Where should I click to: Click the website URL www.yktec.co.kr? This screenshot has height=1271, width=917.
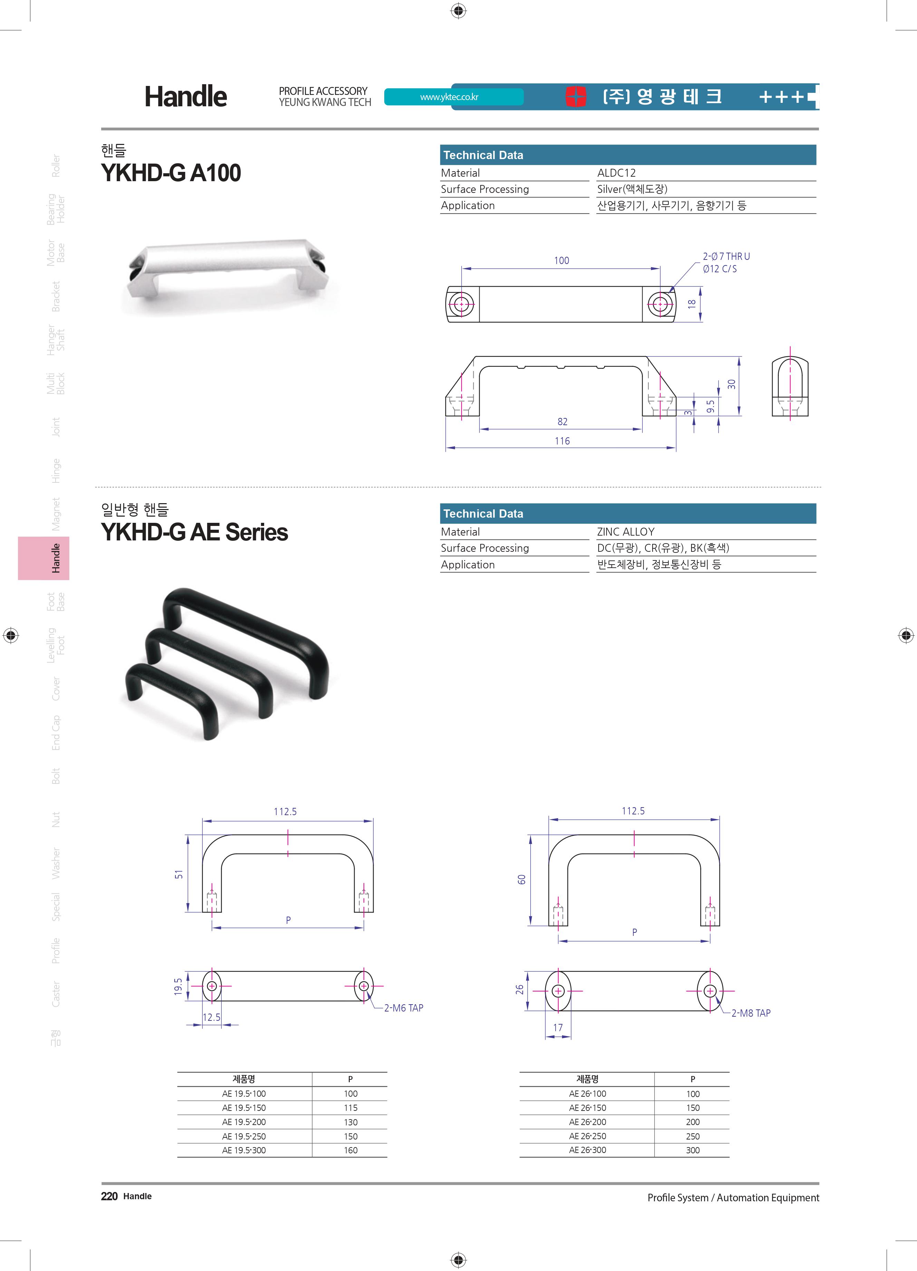click(x=449, y=97)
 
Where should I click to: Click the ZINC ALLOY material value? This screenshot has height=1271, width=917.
click(x=626, y=532)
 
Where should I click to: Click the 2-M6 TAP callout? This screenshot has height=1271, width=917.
click(x=404, y=1008)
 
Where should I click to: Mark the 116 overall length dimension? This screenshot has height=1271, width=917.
click(x=562, y=441)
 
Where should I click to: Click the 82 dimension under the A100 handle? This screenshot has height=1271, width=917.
click(x=562, y=421)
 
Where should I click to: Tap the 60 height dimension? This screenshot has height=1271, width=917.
click(x=522, y=879)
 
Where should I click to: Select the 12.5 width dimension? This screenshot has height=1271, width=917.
click(x=211, y=1017)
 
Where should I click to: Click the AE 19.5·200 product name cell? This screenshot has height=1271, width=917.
click(x=244, y=1122)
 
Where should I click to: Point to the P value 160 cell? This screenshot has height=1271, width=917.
click(x=351, y=1150)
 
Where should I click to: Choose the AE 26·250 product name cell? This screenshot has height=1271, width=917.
click(x=587, y=1136)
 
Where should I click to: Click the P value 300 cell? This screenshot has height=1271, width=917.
click(x=693, y=1150)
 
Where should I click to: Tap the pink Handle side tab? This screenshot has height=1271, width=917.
click(x=44, y=558)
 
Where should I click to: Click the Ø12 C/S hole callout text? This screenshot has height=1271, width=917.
click(x=720, y=269)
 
